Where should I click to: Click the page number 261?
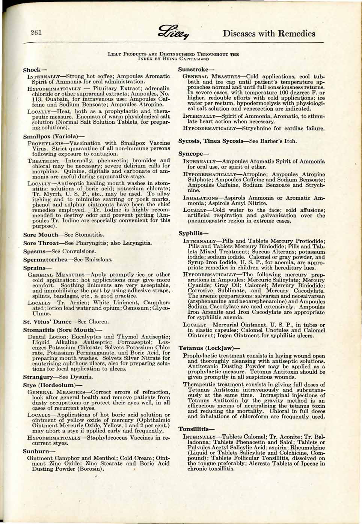(36, 32)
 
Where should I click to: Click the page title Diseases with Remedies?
(268, 33)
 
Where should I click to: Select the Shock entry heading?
(35, 70)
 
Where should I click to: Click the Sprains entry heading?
(37, 268)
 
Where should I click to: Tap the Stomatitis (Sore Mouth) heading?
(63, 330)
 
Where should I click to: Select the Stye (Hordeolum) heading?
(52, 385)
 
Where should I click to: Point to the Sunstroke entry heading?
(193, 69)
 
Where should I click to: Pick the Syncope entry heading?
(193, 154)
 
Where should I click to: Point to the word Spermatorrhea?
(45, 259)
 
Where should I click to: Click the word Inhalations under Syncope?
(201, 198)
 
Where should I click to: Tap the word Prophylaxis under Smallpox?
(44, 143)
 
